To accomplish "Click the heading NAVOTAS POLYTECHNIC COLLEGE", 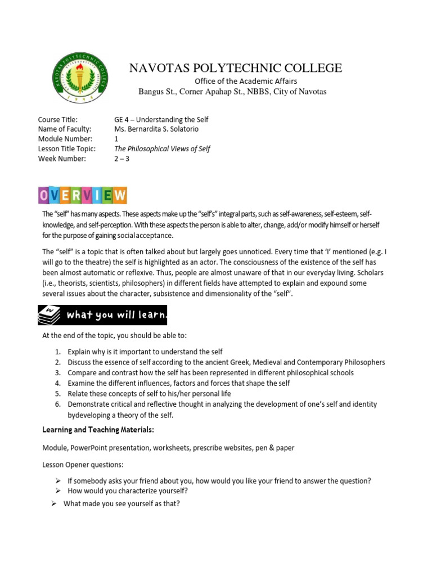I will click(x=236, y=68).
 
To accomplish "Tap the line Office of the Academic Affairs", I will click(x=241, y=82).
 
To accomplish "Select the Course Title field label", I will click(x=57, y=120).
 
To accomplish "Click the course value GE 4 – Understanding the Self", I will click(x=161, y=120).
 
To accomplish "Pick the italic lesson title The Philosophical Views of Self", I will click(x=162, y=148).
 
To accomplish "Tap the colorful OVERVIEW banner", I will click(x=83, y=195).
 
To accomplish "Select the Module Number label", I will click(x=61, y=139).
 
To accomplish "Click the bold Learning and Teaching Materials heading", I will click(x=98, y=430).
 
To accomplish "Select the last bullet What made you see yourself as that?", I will click(x=121, y=503).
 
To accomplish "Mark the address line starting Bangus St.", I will click(x=232, y=91).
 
